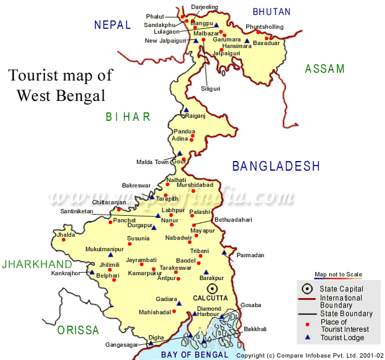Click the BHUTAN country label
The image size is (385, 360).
(x=271, y=11)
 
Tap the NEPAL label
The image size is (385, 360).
(x=112, y=25)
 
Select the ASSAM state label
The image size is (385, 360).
(x=325, y=69)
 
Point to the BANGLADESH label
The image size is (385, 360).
(x=276, y=166)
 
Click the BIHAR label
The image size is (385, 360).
(x=128, y=117)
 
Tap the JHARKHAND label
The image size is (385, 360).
(x=37, y=264)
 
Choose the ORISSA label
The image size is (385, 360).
(x=78, y=330)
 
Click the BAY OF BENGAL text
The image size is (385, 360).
(x=194, y=355)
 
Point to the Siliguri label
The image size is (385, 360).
(x=210, y=88)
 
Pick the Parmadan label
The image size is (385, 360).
(x=250, y=255)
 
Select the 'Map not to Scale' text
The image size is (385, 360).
(x=338, y=274)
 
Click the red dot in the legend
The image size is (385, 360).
(x=307, y=325)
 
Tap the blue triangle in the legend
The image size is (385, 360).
(x=307, y=337)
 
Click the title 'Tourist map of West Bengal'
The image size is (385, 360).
(x=60, y=85)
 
